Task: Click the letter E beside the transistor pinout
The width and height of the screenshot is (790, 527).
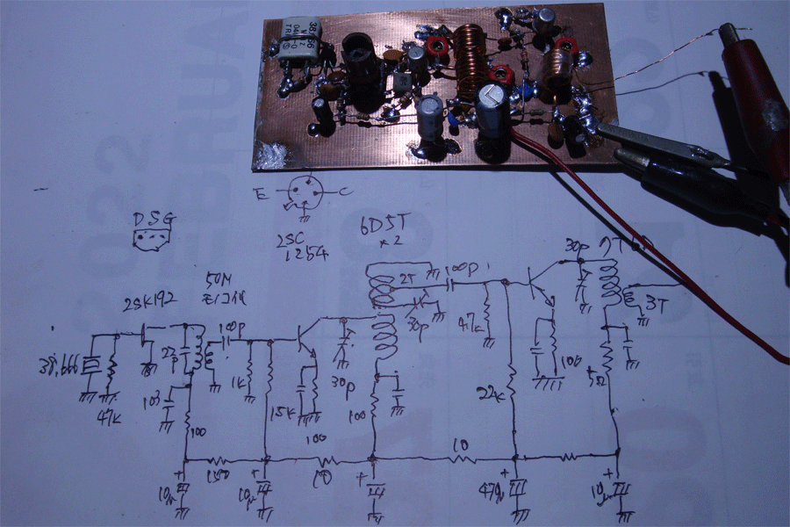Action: (x=259, y=194)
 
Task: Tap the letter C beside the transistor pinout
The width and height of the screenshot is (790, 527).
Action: (x=345, y=192)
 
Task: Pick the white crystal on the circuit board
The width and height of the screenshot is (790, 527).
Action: (x=298, y=41)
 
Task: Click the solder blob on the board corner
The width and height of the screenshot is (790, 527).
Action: (x=272, y=156)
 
